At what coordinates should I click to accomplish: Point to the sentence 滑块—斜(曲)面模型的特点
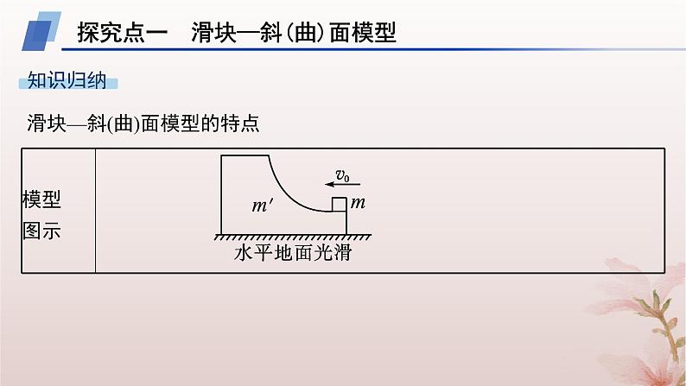coord(143,123)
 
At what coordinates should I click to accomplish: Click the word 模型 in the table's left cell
coord(42,199)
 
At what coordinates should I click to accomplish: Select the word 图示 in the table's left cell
coord(42,231)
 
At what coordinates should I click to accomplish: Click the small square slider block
coord(340,205)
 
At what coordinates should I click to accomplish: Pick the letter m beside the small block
coord(359,203)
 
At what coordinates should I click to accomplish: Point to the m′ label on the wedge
coord(260,207)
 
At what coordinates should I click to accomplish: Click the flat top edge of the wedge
coord(245,156)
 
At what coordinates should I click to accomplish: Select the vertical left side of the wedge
coord(221,194)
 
